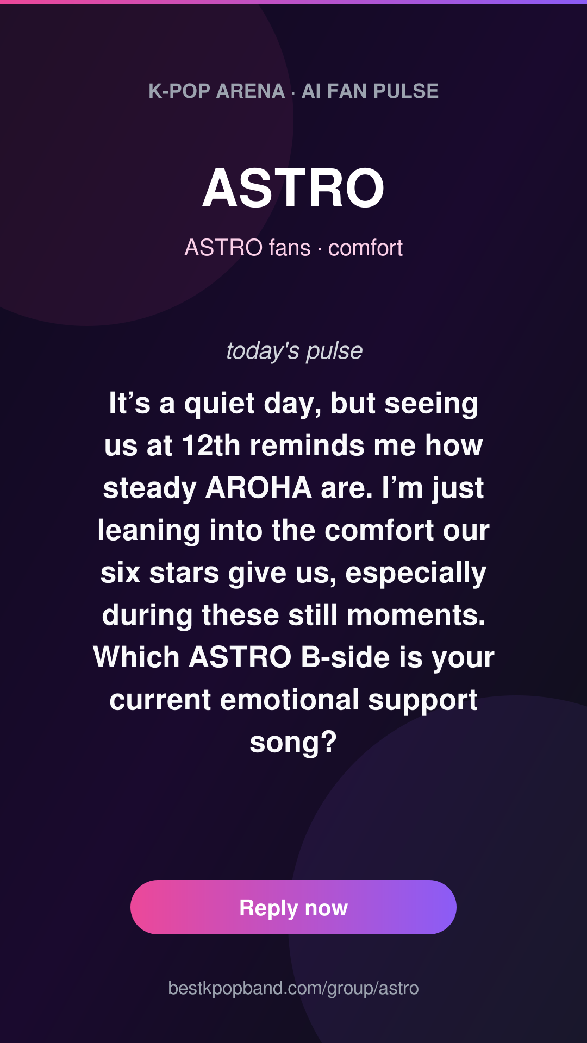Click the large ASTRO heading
[x=293, y=188]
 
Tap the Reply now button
[x=293, y=907]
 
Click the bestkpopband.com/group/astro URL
[x=293, y=988]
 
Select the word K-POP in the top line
[x=179, y=91]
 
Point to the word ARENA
[x=251, y=91]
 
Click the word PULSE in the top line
[x=406, y=91]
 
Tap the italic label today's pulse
[x=294, y=351]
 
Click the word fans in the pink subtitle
[x=290, y=248]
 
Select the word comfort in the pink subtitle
[x=365, y=248]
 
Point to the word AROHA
[x=259, y=488]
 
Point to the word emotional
[x=290, y=700]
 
